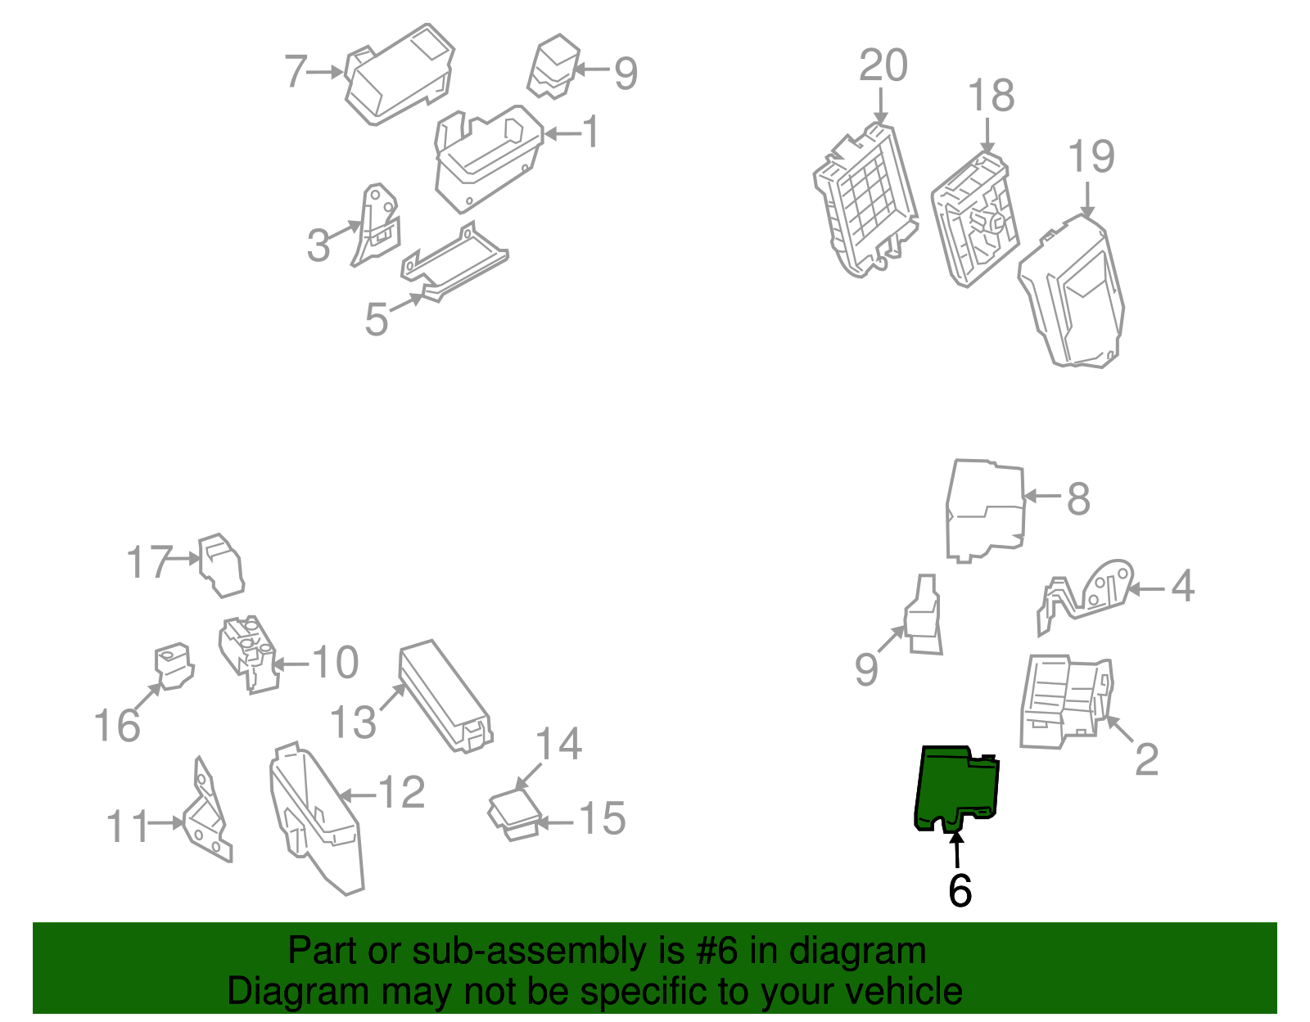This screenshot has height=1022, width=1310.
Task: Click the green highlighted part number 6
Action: point(957,788)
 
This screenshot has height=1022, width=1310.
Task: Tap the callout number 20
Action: point(883,65)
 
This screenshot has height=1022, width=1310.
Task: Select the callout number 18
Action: point(992,95)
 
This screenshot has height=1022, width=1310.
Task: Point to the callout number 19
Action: point(1091,156)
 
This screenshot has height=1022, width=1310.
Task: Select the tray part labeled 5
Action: point(454,262)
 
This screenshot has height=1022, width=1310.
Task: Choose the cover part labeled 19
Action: point(1072,291)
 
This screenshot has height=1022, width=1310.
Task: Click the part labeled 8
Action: point(986,511)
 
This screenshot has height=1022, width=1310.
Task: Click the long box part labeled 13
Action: point(445,696)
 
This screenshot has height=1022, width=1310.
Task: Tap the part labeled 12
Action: point(317,817)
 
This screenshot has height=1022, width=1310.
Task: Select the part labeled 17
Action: point(221,565)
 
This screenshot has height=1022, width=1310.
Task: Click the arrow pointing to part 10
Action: point(291,665)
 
